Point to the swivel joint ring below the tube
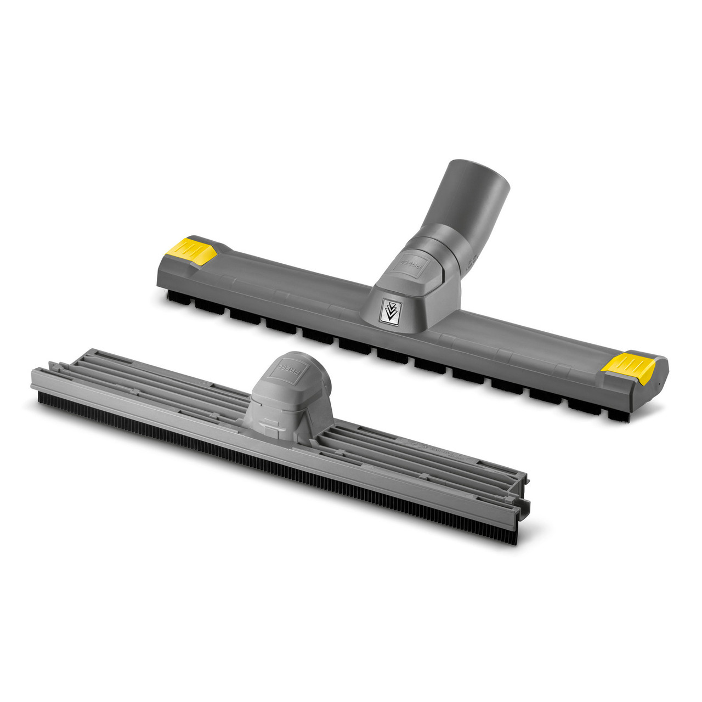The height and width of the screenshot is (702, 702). pos(442,251)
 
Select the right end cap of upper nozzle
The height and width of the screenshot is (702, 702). pos(653,378)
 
